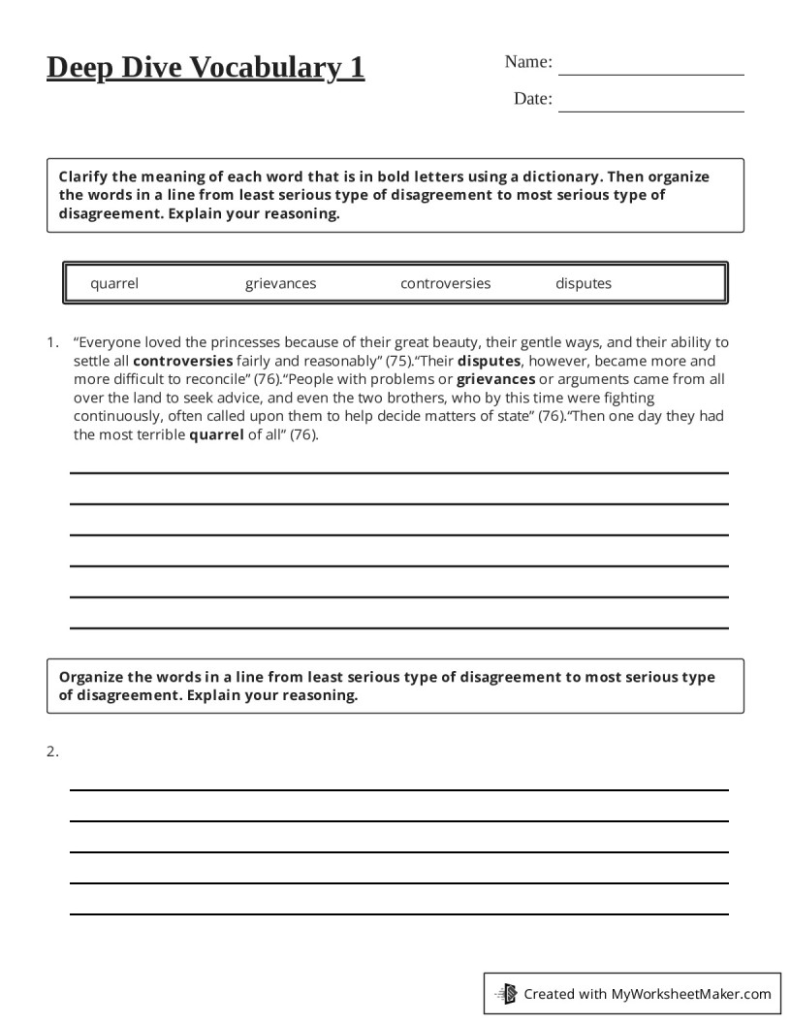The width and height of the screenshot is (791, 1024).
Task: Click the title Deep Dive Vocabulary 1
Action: click(x=206, y=68)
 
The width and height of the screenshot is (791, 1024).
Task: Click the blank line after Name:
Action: click(x=650, y=74)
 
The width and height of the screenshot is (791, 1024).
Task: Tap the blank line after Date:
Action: click(x=650, y=111)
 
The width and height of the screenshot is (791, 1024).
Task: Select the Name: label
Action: click(x=528, y=62)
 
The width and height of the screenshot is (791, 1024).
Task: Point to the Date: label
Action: click(x=532, y=99)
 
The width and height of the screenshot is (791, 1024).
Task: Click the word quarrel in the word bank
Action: click(x=114, y=283)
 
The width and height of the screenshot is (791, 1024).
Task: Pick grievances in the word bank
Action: click(x=280, y=283)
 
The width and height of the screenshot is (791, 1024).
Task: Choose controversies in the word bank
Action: click(x=445, y=283)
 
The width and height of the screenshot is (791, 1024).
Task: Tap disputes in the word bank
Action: click(x=584, y=283)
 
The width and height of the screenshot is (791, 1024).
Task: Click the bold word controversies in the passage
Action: click(x=182, y=360)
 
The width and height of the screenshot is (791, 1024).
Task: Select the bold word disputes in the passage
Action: click(x=489, y=360)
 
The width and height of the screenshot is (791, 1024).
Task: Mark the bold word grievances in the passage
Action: click(x=495, y=378)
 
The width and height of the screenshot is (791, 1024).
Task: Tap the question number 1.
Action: click(x=52, y=341)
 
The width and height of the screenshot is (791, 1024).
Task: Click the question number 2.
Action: click(x=52, y=751)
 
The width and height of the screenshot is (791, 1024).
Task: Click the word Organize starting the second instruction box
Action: click(x=93, y=677)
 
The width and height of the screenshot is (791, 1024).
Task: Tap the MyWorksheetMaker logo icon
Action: click(x=506, y=993)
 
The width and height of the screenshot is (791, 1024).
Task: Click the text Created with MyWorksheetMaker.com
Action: click(x=648, y=993)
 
